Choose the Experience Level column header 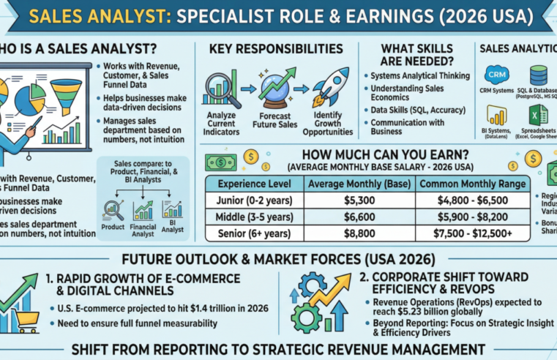[x=250, y=184]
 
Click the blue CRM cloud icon [x=498, y=75]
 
